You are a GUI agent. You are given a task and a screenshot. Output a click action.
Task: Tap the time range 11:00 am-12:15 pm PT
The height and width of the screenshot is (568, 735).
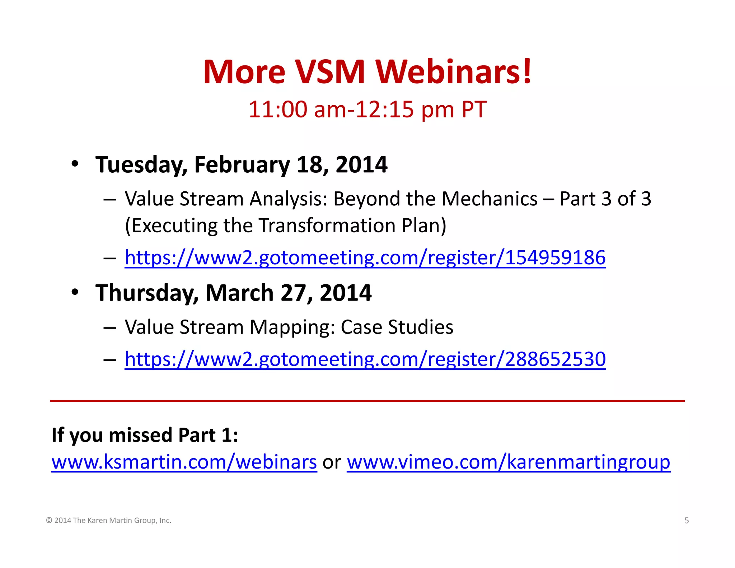click(x=367, y=109)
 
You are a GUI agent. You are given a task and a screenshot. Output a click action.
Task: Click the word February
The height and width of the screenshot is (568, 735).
click(x=242, y=165)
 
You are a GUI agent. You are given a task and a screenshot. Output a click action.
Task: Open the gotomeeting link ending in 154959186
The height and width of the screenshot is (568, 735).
click(x=365, y=258)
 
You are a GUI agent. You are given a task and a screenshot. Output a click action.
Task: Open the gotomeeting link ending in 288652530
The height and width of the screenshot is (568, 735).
click(x=365, y=359)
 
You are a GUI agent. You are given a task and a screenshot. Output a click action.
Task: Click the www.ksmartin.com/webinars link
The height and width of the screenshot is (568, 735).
click(x=184, y=462)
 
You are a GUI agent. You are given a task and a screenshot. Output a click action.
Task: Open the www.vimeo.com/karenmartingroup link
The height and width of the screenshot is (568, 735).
click(x=508, y=462)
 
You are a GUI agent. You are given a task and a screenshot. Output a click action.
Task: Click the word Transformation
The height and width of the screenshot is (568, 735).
click(x=327, y=225)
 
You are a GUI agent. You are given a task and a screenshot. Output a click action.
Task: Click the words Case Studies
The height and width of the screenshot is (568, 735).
click(x=397, y=327)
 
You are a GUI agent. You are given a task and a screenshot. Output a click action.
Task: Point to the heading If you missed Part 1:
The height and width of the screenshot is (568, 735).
click(x=145, y=435)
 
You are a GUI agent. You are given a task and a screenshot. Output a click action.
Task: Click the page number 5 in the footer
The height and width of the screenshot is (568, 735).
click(x=687, y=521)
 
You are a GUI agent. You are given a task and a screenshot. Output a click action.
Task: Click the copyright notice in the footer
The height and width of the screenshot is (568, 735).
click(x=109, y=521)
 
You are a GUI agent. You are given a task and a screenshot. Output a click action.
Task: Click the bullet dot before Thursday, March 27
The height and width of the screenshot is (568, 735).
click(x=75, y=292)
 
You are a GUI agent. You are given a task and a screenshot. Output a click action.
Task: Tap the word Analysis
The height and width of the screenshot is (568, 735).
click(x=289, y=199)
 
